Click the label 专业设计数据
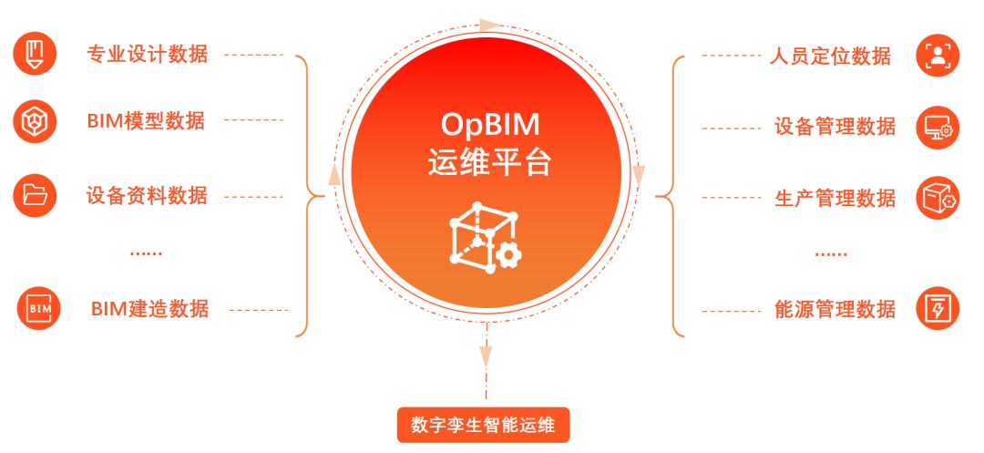point(147,54)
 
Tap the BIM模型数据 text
point(146,120)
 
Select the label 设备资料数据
point(147,195)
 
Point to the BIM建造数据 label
point(149,309)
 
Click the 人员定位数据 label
point(830,56)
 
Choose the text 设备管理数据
point(835,126)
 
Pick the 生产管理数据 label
point(835,198)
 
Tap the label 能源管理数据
point(835,309)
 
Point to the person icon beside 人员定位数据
point(938,55)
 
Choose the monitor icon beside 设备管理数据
point(938,127)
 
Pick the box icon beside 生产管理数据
point(938,198)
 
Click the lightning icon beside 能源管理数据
point(938,308)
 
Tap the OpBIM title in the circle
point(489,123)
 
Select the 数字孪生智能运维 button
point(483,425)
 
